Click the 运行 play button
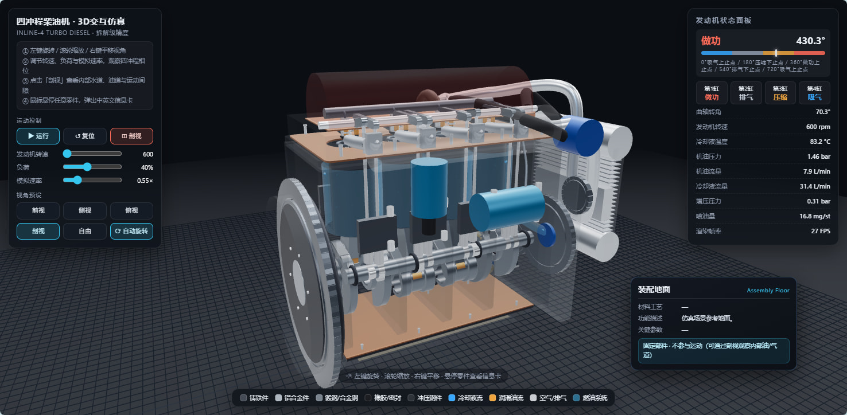click(x=38, y=136)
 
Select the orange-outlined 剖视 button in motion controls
click(x=131, y=136)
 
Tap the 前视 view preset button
click(x=38, y=210)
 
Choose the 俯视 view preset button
click(x=131, y=210)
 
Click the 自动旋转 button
click(x=131, y=231)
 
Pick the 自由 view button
click(x=85, y=231)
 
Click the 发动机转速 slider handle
click(x=67, y=154)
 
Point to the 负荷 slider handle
click(x=87, y=167)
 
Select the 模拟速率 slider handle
click(x=77, y=180)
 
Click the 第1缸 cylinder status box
click(x=712, y=93)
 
